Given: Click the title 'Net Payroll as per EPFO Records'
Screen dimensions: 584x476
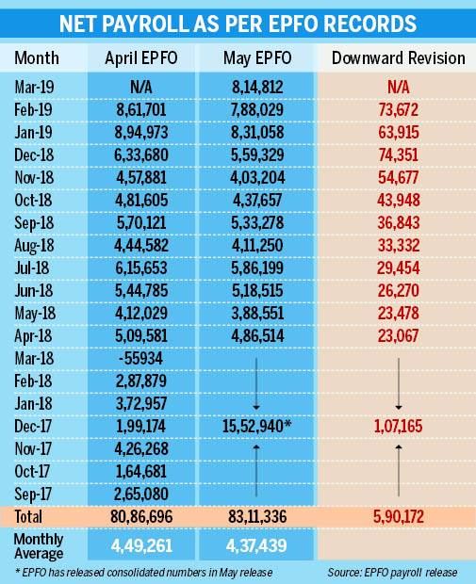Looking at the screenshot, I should click(x=238, y=22).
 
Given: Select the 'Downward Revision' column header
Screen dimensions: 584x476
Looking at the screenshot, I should click(x=398, y=58).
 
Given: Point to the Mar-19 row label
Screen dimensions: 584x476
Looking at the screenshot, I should click(x=34, y=87).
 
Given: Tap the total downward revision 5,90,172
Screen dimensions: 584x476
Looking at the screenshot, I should click(x=397, y=517).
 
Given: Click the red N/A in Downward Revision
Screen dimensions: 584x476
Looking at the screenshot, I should click(x=397, y=87).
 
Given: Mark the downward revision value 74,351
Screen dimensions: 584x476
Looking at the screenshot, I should click(x=397, y=153).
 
